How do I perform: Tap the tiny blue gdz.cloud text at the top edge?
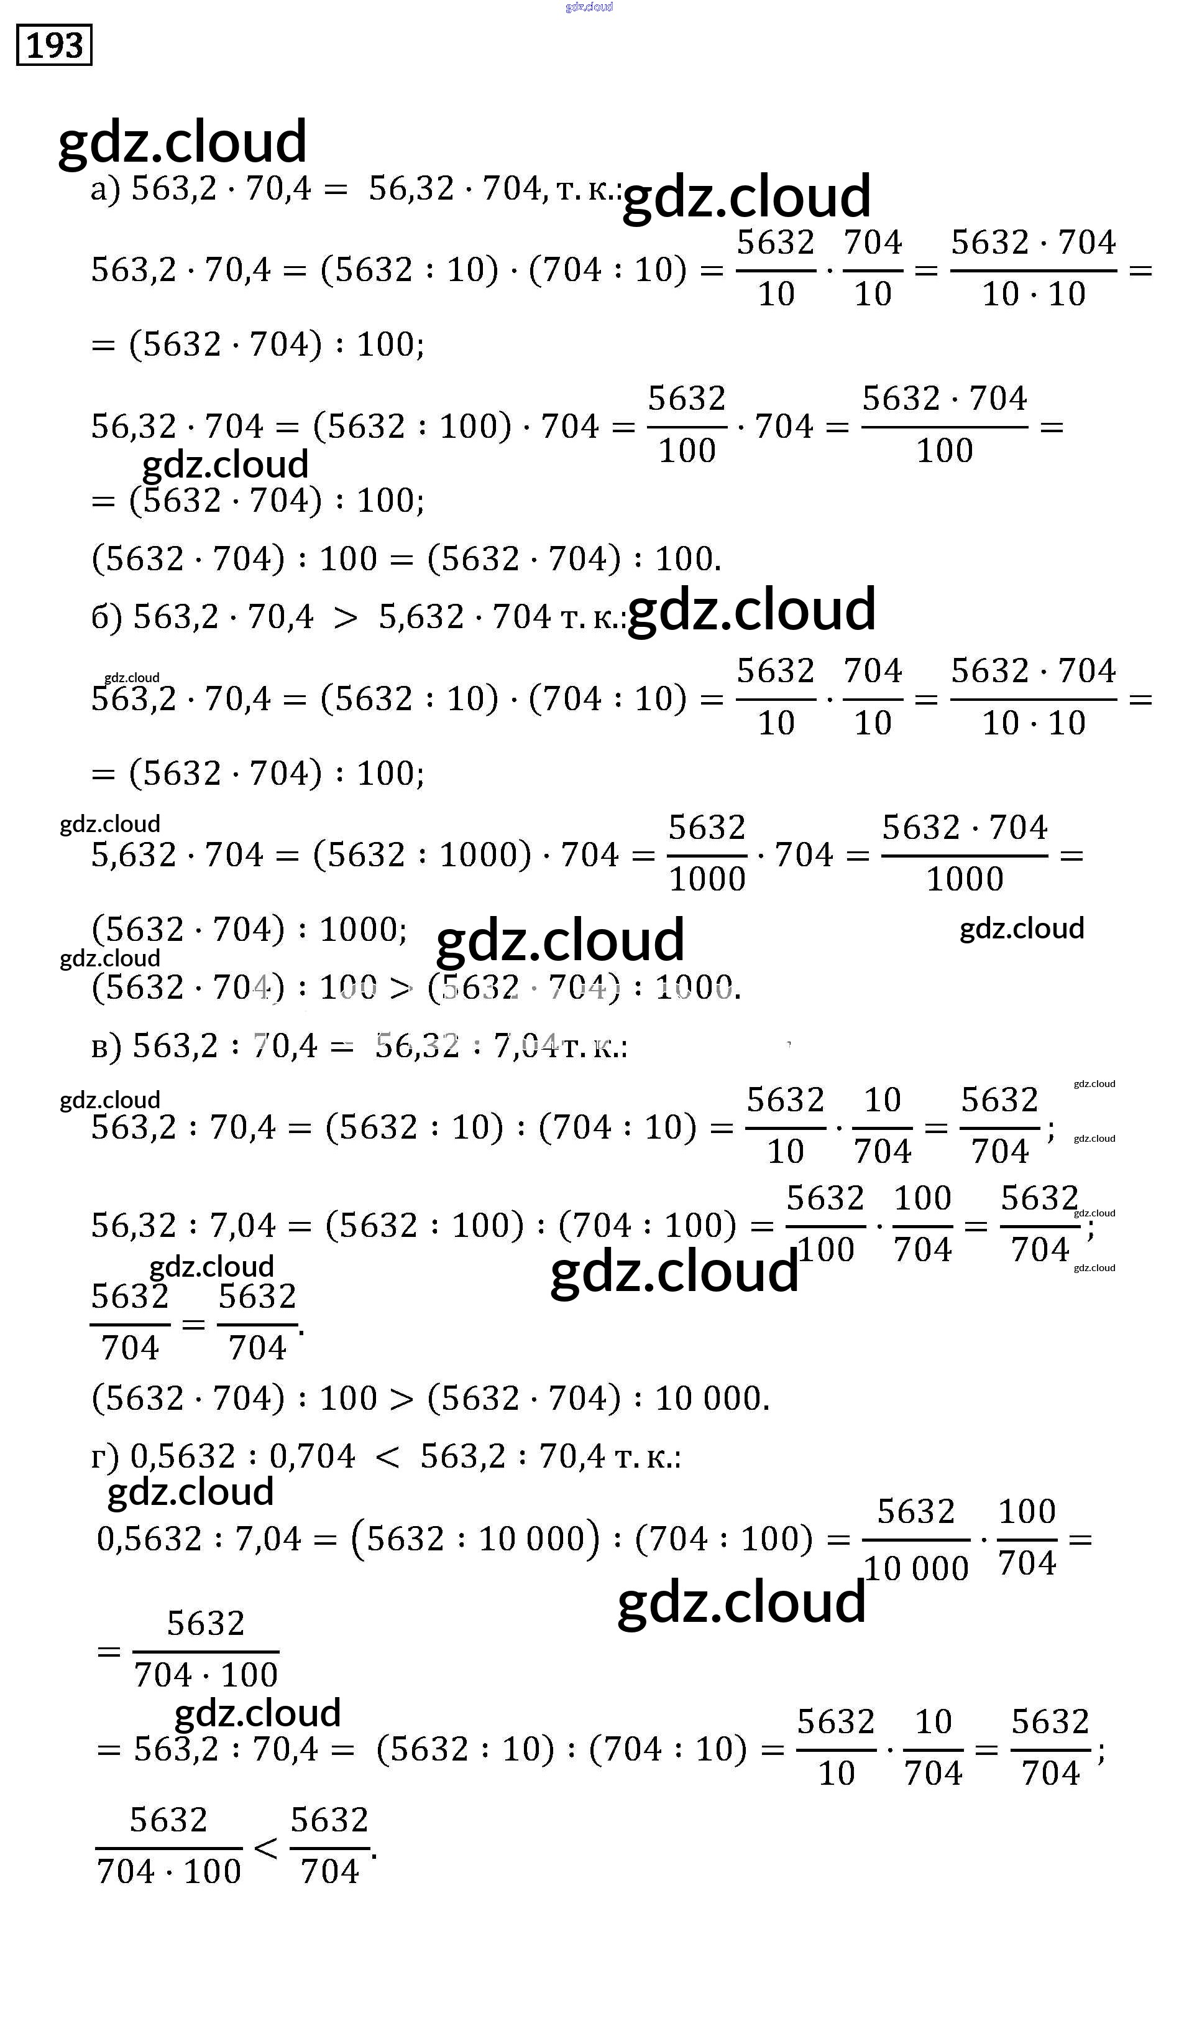click(x=589, y=7)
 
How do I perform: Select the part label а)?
click(x=106, y=189)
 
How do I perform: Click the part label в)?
click(x=106, y=1047)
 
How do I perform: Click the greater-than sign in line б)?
click(x=345, y=618)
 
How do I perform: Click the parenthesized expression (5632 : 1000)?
click(x=422, y=855)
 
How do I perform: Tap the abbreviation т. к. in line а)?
click(x=585, y=190)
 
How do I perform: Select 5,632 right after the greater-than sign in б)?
click(x=421, y=618)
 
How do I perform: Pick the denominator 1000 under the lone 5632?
click(x=707, y=880)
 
